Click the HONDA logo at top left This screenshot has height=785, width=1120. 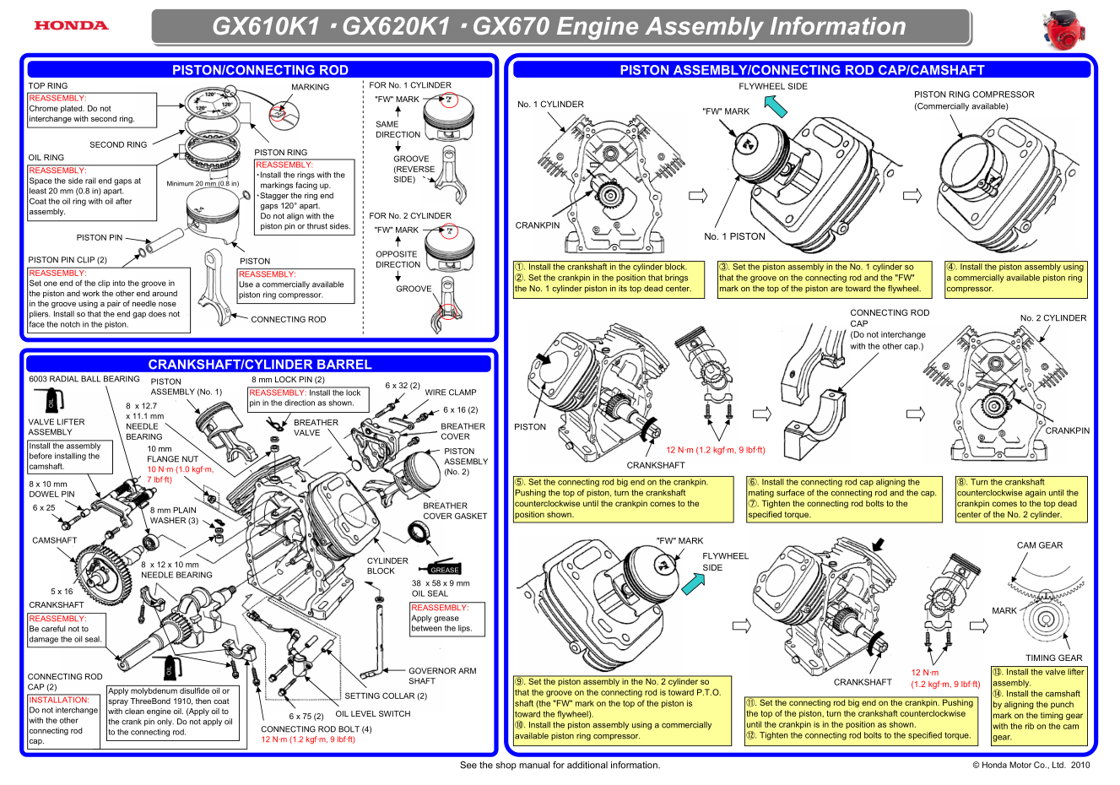click(x=71, y=25)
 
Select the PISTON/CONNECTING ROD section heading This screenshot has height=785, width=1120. click(x=260, y=70)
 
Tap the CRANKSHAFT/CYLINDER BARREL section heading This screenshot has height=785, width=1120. click(x=260, y=365)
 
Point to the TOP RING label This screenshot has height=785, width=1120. click(x=48, y=86)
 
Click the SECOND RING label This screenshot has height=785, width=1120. click(x=118, y=145)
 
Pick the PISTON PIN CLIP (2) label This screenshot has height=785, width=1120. click(x=68, y=260)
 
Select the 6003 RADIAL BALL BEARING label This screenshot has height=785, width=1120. click(x=84, y=379)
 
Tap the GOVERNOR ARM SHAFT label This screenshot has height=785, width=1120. click(x=441, y=676)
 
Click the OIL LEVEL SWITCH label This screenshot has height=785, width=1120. click(x=373, y=714)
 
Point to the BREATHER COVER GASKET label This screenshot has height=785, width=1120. click(x=455, y=511)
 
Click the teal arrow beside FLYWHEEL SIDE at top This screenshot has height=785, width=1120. click(x=776, y=106)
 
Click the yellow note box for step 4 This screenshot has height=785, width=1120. click(x=1015, y=278)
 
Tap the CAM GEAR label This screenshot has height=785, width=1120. click(x=1040, y=545)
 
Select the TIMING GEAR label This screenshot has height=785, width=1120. click(x=1053, y=658)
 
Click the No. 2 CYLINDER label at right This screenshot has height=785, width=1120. click(x=1053, y=318)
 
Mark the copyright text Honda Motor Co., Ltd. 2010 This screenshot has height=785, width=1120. click(x=1031, y=766)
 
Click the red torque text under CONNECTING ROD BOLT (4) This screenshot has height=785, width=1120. click(x=308, y=739)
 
